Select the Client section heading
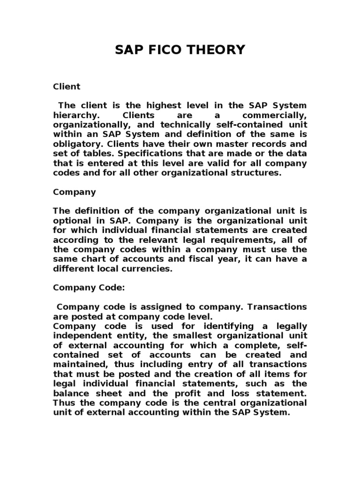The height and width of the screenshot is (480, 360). coord(67,87)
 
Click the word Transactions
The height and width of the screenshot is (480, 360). coord(274,307)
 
